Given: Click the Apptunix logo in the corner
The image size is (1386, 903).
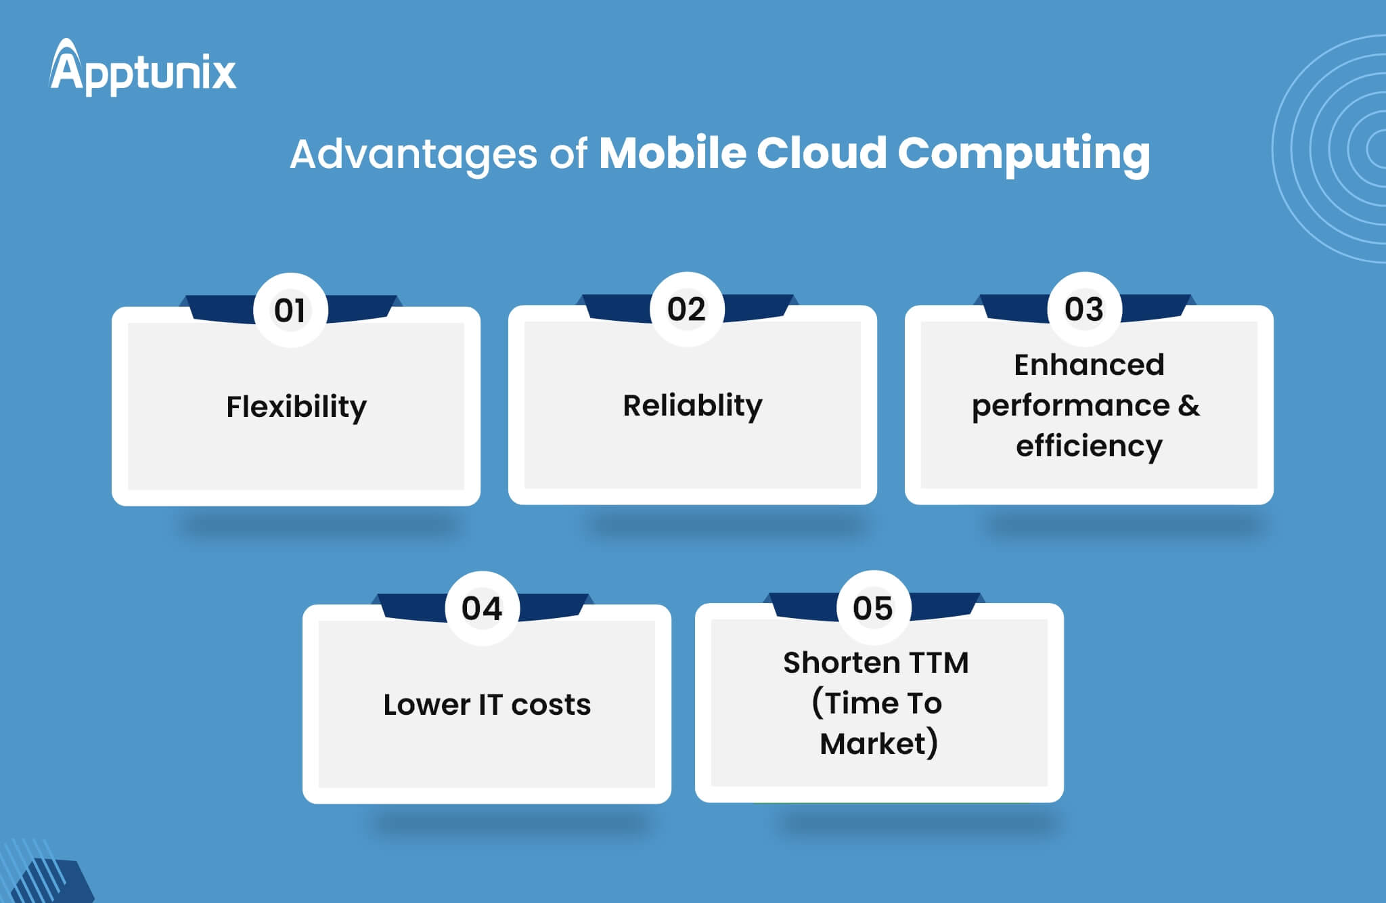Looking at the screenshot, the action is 143,67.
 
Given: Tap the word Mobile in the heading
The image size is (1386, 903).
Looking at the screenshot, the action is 673,152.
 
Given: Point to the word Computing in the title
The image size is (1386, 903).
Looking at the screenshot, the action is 1024,155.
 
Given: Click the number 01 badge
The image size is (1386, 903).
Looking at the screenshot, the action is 290,310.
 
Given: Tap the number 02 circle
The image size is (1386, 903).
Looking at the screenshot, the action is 687,309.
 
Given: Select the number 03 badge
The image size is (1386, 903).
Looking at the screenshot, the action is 1084,309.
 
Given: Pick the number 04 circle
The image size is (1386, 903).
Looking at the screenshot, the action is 482,608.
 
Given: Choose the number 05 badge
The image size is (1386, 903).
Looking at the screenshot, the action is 873,607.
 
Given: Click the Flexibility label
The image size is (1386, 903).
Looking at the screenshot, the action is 296,408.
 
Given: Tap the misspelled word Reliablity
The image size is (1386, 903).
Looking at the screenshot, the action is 692,406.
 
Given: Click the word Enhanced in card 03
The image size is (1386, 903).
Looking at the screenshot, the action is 1089,365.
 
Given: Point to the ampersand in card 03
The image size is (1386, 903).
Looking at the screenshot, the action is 1189,405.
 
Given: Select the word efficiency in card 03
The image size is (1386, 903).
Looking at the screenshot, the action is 1089,447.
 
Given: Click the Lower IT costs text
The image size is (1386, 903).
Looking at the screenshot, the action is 487,705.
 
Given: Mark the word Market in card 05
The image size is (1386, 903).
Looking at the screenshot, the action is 872,744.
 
